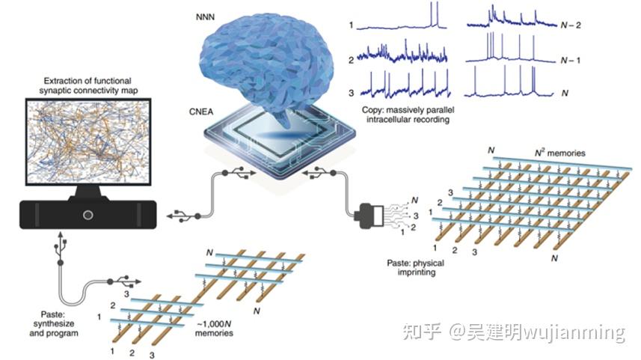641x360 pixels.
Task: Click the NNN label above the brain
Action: point(205,17)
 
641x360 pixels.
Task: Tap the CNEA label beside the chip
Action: point(201,112)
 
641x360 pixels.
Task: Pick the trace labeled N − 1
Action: point(511,47)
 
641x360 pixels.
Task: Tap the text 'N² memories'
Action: point(560,153)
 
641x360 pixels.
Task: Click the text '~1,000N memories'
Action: point(214,329)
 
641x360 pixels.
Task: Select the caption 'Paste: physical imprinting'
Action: point(416,267)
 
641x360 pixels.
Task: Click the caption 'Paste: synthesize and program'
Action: point(54,323)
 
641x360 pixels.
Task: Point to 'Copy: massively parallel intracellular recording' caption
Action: point(408,115)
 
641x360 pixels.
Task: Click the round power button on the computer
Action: point(88,215)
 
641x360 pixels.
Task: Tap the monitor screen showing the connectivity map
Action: point(88,141)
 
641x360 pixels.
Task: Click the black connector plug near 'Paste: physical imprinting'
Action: point(369,216)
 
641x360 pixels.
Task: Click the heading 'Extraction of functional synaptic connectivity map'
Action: point(88,85)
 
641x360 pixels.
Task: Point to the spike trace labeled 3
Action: point(410,84)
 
